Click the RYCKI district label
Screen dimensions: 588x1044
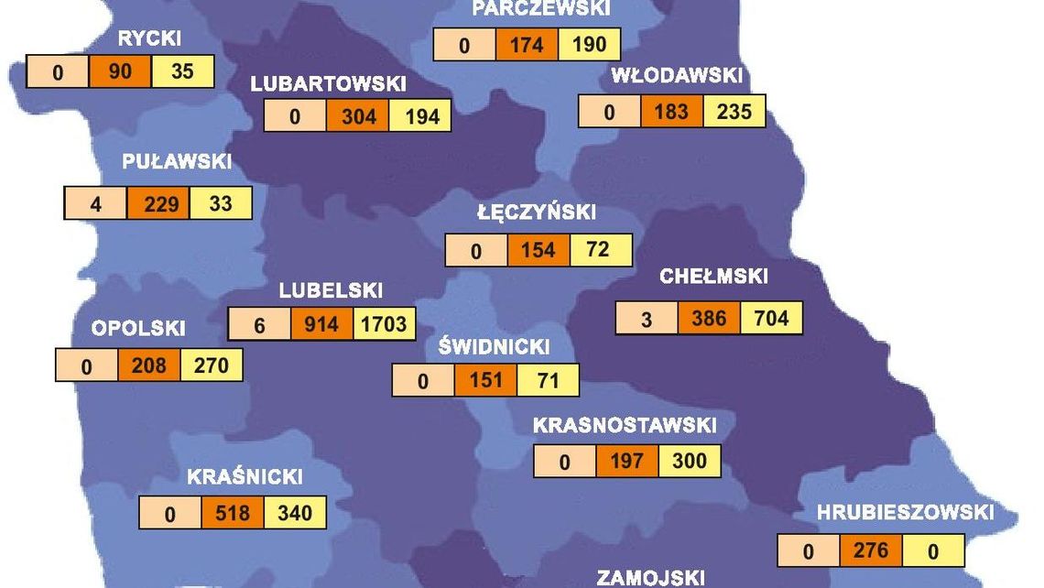(149, 38)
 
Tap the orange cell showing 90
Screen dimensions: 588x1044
(120, 71)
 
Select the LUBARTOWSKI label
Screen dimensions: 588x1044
(328, 83)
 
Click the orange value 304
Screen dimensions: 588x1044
(357, 116)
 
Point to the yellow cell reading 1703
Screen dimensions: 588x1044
(384, 324)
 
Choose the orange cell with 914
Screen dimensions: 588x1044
(321, 324)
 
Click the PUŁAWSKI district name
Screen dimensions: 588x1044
(177, 161)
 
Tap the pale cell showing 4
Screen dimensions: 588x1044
(96, 203)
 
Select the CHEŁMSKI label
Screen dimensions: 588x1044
(713, 277)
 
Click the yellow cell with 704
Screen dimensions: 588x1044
(770, 318)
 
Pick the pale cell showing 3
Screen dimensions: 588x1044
(647, 319)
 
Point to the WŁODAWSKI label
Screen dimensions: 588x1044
(677, 77)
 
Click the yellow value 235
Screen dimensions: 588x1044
(734, 111)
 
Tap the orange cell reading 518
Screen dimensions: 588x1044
(233, 513)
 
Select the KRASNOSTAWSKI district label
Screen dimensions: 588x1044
(625, 426)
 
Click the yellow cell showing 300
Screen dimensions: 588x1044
(689, 461)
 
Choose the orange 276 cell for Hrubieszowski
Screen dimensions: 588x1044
(870, 550)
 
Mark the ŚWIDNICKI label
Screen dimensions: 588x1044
(494, 347)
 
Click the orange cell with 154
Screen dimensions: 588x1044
(538, 250)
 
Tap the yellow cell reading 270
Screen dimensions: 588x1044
(212, 365)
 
